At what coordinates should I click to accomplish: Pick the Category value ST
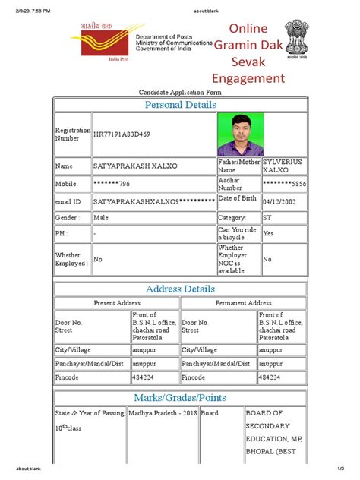tap(268, 217)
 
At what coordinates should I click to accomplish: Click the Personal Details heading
tap(180, 104)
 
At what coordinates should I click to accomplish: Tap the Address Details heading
tap(180, 289)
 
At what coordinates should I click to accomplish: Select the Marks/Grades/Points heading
tap(180, 398)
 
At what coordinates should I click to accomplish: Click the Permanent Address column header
tap(243, 303)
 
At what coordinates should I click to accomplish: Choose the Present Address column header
tap(117, 303)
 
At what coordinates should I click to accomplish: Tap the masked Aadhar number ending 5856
tap(284, 184)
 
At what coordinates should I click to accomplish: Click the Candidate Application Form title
tap(180, 91)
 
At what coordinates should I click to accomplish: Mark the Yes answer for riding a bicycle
tap(268, 234)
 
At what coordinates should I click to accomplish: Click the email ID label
tap(68, 201)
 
